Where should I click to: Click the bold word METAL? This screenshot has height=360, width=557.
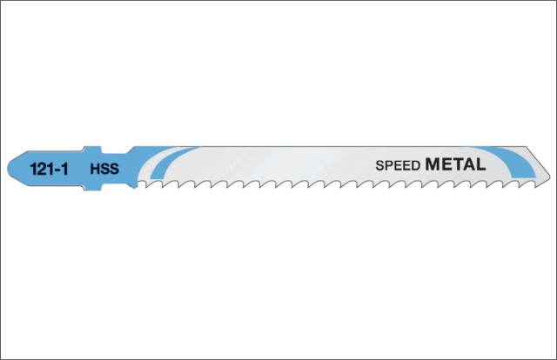coord(456,163)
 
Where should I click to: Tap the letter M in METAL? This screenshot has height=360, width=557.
coord(434,163)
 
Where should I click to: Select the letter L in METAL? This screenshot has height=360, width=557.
coord(480,163)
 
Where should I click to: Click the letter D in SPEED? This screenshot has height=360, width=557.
coord(417,164)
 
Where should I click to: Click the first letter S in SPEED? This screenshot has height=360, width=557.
coord(379,164)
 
